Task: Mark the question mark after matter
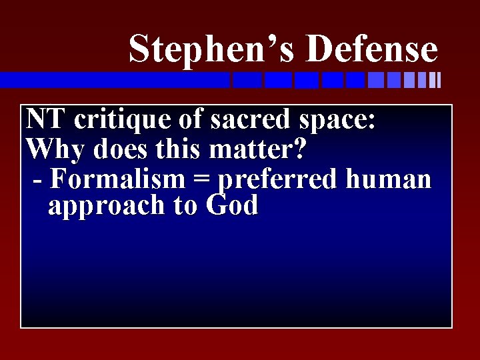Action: (x=299, y=149)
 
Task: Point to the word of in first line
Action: (x=190, y=120)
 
